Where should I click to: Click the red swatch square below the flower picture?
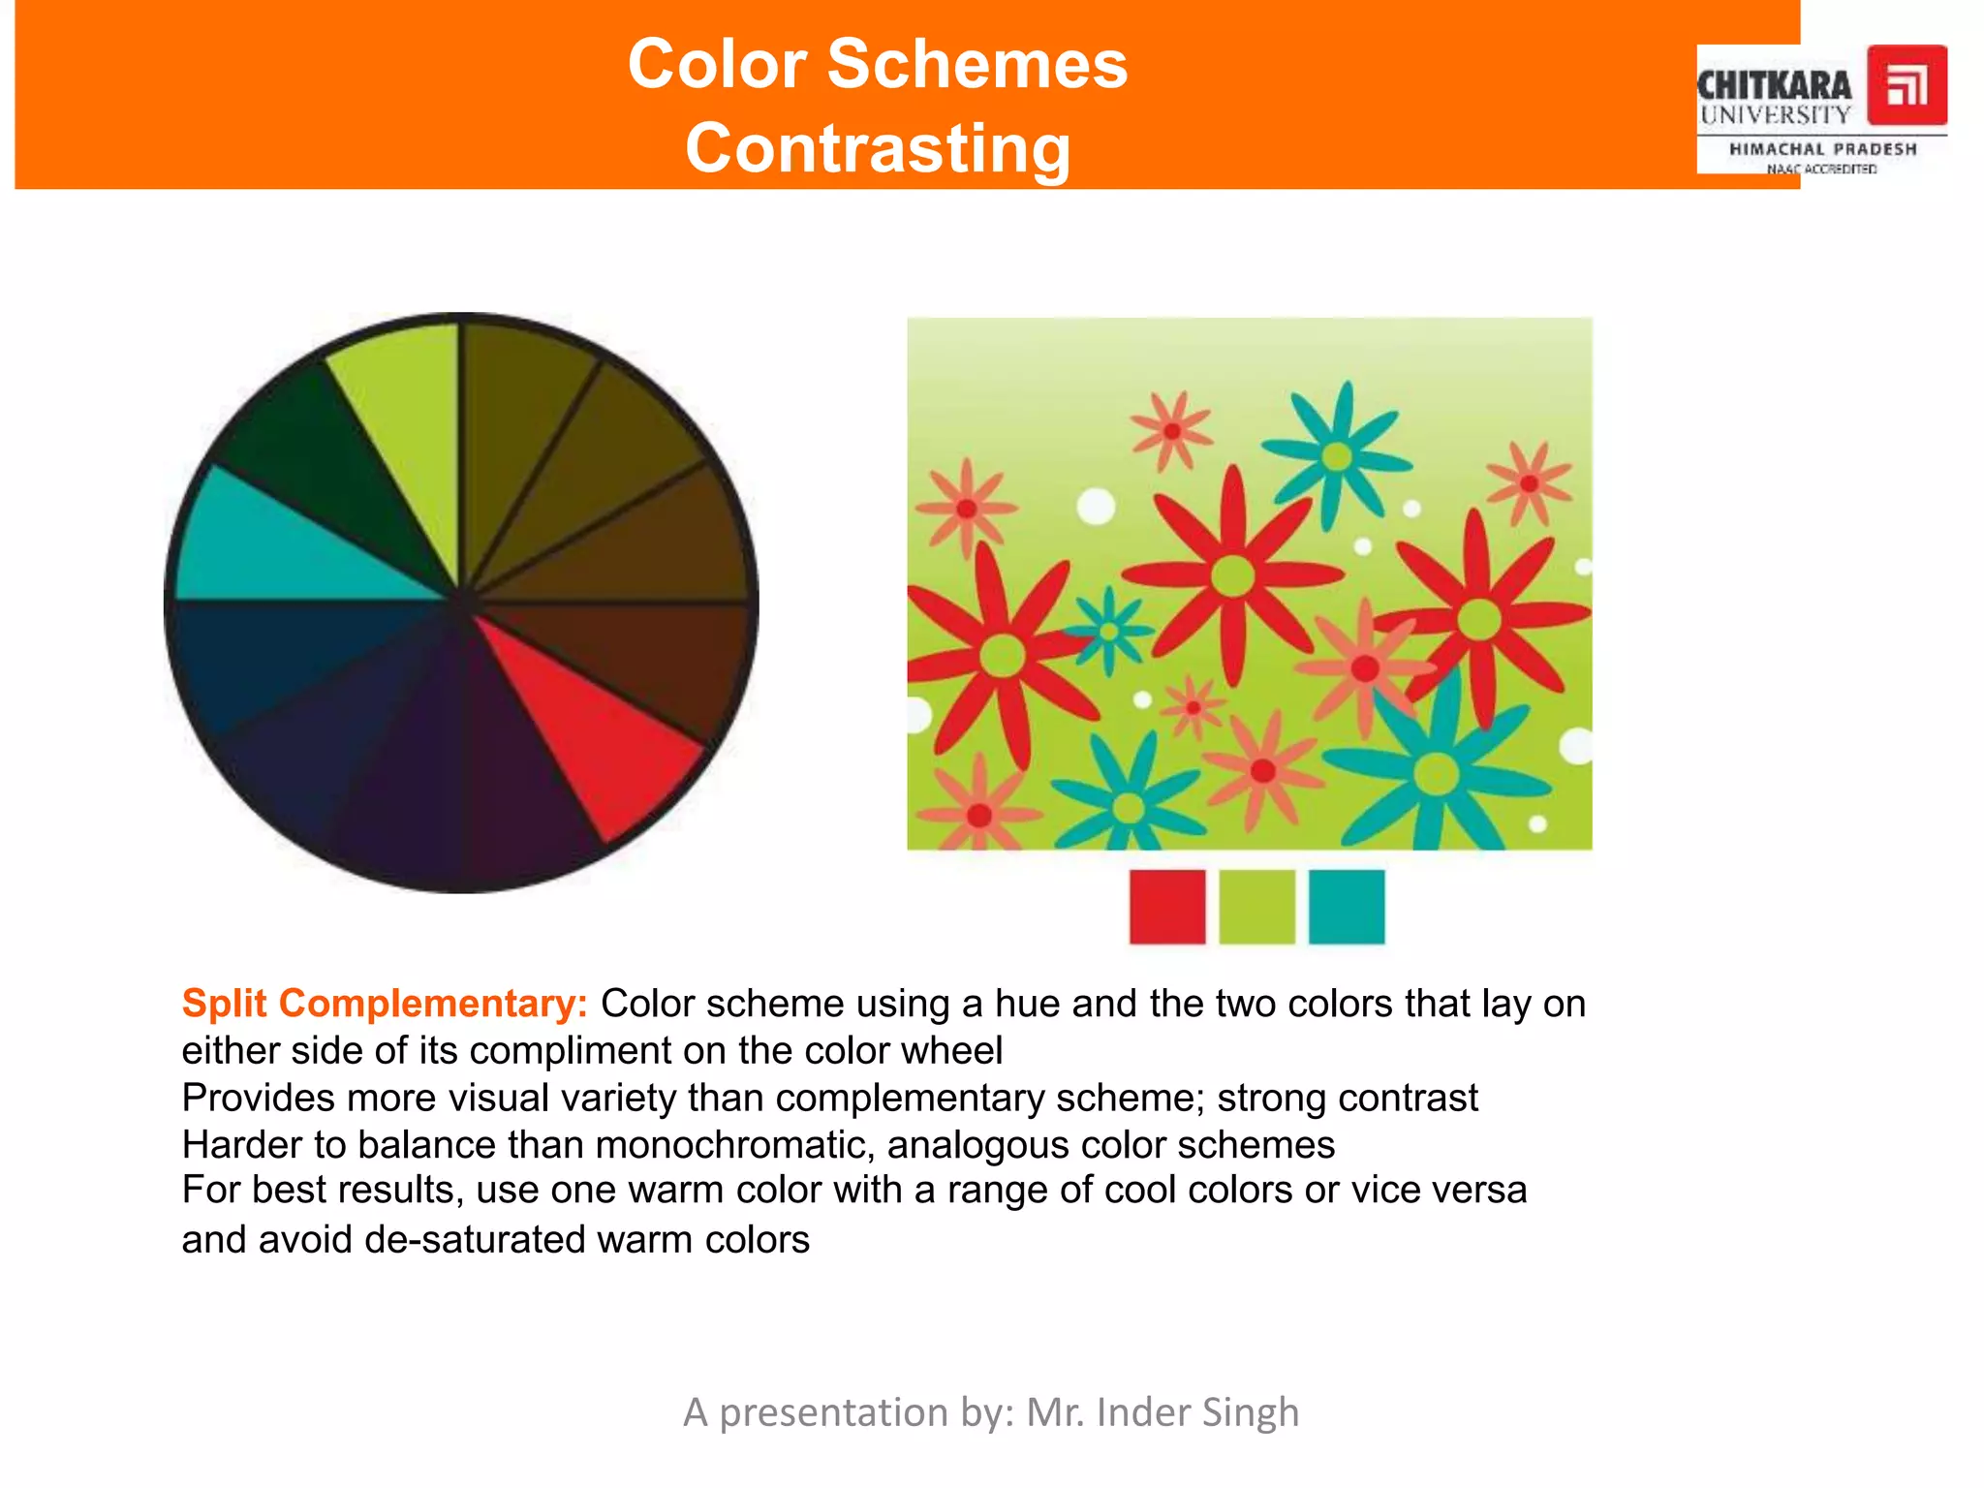(1167, 907)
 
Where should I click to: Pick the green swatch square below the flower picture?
(1256, 907)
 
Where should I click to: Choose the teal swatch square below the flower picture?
(1347, 907)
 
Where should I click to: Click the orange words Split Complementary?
(385, 1004)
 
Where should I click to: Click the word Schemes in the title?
(977, 64)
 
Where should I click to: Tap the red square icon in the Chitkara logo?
(1906, 85)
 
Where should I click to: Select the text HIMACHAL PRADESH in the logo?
(1823, 149)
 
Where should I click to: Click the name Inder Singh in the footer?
(1197, 1412)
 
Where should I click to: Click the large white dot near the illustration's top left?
(1096, 506)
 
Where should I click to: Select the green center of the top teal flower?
(1337, 455)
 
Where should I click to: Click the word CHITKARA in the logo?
(1774, 85)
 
